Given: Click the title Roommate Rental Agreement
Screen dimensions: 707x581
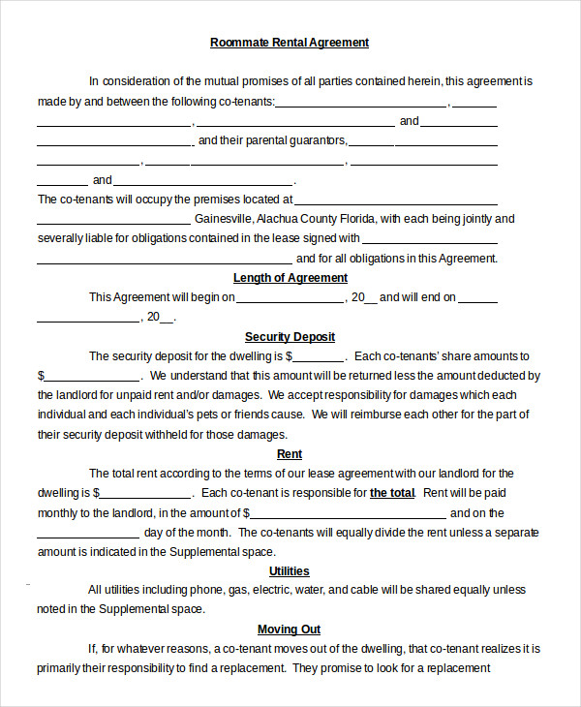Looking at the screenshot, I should click(x=290, y=43).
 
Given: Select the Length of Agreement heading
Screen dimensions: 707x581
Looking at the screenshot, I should click(x=290, y=278).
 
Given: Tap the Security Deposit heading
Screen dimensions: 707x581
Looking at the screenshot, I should click(x=290, y=337).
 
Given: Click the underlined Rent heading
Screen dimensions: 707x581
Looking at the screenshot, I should click(x=290, y=454).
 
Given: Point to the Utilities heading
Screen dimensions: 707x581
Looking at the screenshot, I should click(x=290, y=571).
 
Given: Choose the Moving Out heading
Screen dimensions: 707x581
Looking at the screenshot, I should click(x=290, y=630).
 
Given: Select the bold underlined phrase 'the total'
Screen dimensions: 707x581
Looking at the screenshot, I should click(x=392, y=493).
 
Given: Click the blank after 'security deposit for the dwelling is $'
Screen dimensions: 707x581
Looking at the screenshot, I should click(x=318, y=357).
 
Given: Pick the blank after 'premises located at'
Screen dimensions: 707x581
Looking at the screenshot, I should click(x=402, y=200).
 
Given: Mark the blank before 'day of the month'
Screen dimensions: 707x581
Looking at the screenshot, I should click(x=88, y=533).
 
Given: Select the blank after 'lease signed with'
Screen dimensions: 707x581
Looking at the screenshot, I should click(x=430, y=239).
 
